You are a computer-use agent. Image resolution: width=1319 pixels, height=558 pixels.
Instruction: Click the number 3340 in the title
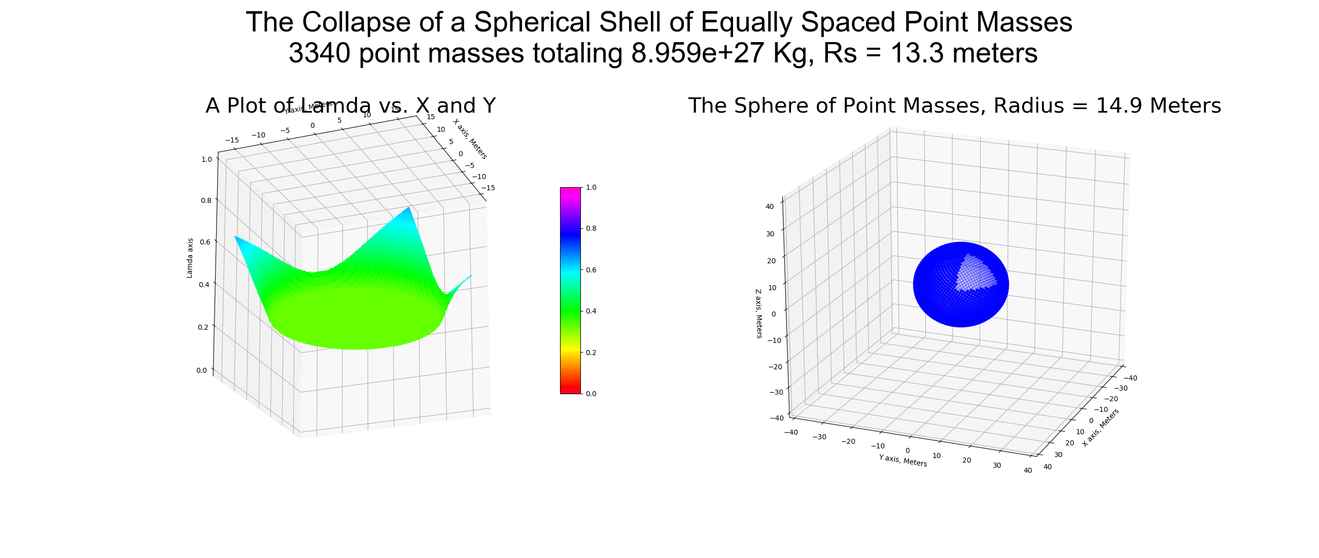point(319,53)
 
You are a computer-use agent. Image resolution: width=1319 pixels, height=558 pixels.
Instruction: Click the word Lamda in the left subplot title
point(335,106)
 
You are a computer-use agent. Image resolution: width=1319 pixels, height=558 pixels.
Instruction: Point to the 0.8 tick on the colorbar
point(591,228)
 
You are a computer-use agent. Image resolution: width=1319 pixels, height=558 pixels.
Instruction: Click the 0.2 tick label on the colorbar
point(591,352)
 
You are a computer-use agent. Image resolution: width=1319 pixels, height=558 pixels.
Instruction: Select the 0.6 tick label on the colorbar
point(591,270)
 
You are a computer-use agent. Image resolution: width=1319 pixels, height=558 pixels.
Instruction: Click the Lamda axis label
point(190,258)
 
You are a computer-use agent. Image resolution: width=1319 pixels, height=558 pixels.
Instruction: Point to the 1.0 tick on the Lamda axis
point(206,159)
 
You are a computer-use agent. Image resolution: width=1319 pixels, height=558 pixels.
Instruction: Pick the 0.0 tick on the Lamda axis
point(202,370)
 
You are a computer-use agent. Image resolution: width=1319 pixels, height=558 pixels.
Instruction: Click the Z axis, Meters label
point(758,313)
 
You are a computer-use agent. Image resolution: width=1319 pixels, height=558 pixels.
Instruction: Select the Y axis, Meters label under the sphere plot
point(903,460)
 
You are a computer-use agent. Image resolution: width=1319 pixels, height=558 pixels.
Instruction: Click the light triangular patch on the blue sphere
point(975,274)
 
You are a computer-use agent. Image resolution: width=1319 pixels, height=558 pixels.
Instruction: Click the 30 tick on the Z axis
point(770,234)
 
